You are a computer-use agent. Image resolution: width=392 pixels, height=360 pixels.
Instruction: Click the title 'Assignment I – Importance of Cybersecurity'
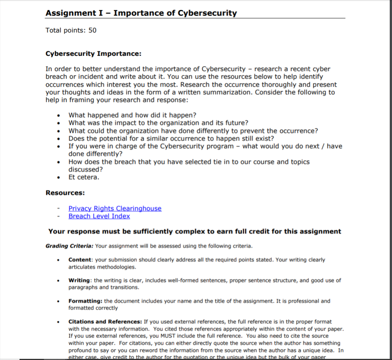coord(141,13)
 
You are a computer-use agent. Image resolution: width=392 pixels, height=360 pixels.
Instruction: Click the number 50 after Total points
coord(92,30)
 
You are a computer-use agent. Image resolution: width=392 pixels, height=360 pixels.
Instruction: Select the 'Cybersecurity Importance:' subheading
coord(93,54)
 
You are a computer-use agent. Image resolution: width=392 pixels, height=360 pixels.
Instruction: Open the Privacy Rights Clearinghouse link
coord(115,209)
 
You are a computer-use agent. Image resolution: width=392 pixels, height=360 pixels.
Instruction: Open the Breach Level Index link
coord(99,216)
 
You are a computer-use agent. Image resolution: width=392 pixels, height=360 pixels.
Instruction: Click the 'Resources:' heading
coord(65,193)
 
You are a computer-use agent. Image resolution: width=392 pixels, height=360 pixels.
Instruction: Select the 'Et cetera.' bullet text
coord(83,178)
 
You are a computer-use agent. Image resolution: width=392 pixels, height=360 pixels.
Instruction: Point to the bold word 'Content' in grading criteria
coord(80,260)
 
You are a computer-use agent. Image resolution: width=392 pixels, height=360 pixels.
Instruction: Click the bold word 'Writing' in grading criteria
coord(80,280)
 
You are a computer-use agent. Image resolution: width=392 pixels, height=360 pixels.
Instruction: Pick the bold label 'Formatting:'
coord(85,301)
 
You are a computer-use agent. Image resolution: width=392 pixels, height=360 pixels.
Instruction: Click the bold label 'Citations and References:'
coord(105,322)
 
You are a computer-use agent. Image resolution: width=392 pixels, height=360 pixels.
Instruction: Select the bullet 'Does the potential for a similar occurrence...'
coord(171,138)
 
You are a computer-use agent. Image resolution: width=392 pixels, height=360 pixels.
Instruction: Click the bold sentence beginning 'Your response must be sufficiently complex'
coord(194,231)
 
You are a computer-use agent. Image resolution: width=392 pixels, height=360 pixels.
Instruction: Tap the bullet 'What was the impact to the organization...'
coord(158,123)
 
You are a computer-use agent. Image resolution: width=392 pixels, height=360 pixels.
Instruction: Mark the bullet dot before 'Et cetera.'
coord(58,178)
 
